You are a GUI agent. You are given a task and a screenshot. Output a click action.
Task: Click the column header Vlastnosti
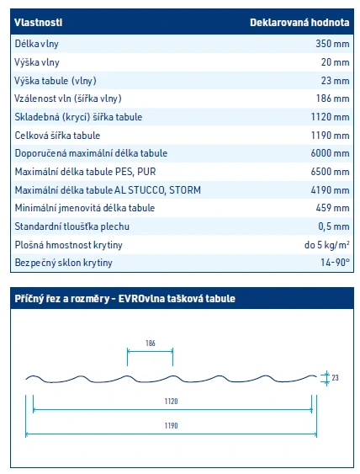coord(39,23)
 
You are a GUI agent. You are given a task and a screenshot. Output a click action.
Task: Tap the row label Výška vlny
coord(37,61)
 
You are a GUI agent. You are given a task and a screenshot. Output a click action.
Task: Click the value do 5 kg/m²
coord(327,244)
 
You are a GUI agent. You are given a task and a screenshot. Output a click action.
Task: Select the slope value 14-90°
coord(334,263)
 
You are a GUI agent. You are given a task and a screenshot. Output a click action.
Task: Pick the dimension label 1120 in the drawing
coord(172,402)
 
